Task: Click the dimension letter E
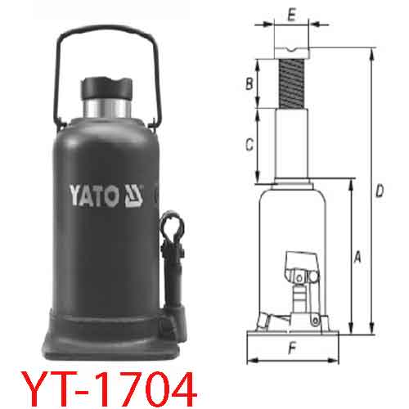click(x=291, y=14)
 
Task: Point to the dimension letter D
click(x=379, y=191)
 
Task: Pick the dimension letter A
click(x=357, y=258)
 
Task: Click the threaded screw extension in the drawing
click(x=292, y=82)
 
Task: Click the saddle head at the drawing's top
click(x=292, y=51)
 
